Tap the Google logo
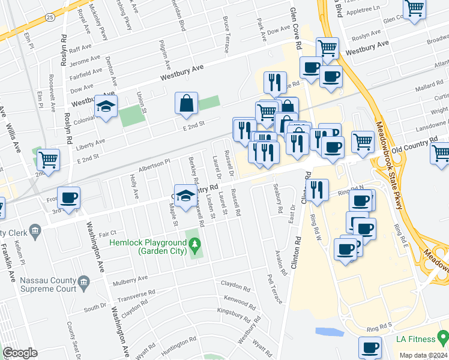tap(20, 353)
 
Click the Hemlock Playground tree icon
tap(194, 244)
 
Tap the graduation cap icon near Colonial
tap(106, 106)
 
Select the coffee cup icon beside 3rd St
tap(68, 198)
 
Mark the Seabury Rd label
tap(278, 199)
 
